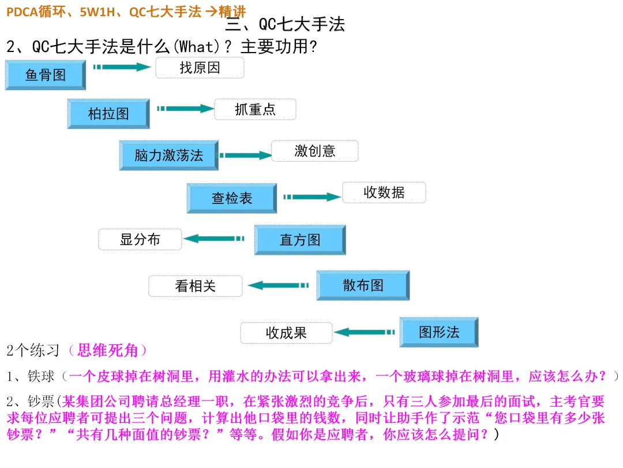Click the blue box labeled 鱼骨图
point(46,75)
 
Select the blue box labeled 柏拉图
point(108,113)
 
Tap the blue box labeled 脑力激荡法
point(168,155)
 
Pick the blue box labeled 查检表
point(231,198)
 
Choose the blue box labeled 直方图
point(300,240)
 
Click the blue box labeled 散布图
point(363,285)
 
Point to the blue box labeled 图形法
point(439,332)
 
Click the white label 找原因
point(200,68)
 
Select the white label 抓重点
point(255,109)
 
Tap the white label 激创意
point(314,151)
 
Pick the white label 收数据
point(384,192)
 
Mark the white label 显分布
point(140,239)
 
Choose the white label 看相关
point(195,286)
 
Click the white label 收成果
point(286,333)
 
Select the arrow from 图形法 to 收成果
point(365,332)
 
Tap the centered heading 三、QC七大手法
point(284,24)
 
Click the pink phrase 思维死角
point(107,350)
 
